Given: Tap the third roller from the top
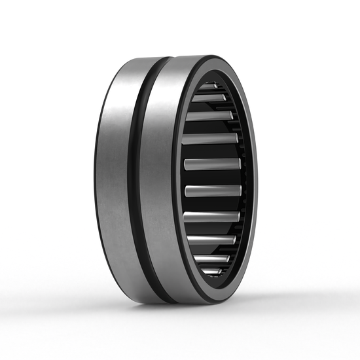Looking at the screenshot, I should coord(209,117).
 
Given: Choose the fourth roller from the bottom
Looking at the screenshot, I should coord(211,217).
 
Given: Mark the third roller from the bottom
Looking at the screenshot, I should coord(210,240).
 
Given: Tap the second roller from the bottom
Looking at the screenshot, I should coord(211,259).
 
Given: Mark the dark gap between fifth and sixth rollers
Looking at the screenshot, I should coord(212,177).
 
